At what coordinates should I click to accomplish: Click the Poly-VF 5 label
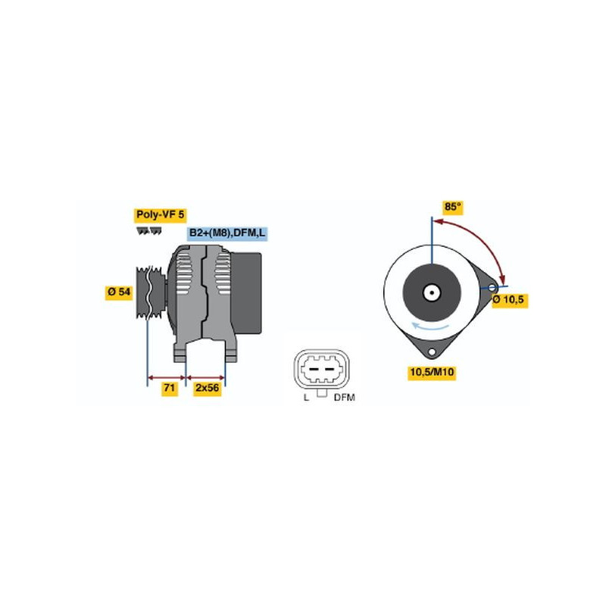160,215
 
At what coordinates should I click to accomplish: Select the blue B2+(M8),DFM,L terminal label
227,233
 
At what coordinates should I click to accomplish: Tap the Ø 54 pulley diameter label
119,292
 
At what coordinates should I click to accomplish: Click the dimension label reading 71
169,388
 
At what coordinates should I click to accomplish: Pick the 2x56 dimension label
207,388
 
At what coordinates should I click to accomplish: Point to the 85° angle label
452,207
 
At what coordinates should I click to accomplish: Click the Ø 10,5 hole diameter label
510,299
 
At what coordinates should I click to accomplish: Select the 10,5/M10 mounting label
432,373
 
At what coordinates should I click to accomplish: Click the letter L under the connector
306,397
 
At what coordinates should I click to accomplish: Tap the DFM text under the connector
344,397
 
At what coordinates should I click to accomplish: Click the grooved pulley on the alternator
150,293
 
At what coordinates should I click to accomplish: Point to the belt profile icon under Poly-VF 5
148,231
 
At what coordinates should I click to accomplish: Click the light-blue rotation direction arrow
430,326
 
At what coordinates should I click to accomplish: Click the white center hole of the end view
431,293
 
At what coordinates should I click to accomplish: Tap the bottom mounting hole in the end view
432,352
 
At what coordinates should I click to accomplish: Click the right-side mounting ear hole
492,288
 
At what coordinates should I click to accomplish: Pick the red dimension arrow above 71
167,377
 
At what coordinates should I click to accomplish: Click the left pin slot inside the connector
313,369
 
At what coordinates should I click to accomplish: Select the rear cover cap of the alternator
247,294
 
